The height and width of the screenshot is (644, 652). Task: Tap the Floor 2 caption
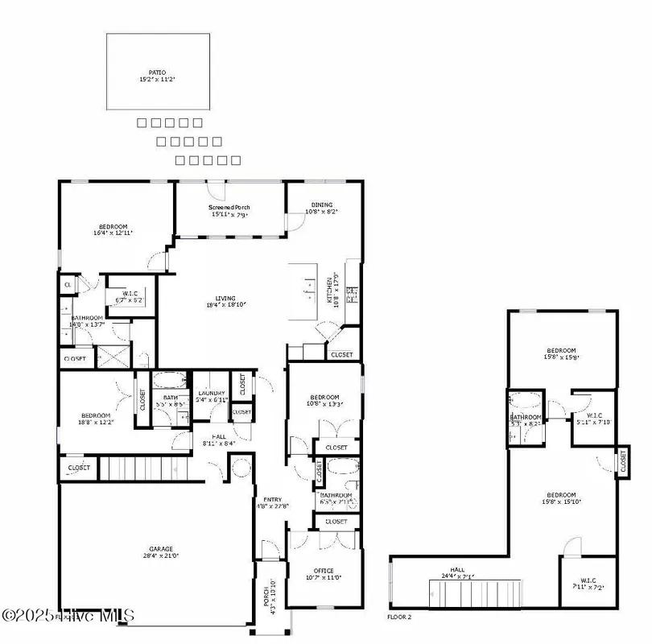(x=399, y=616)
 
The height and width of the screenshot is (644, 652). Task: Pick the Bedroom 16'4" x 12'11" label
(x=113, y=229)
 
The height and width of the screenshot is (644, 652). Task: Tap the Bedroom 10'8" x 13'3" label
(x=323, y=400)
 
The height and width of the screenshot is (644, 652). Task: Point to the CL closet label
(x=67, y=284)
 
